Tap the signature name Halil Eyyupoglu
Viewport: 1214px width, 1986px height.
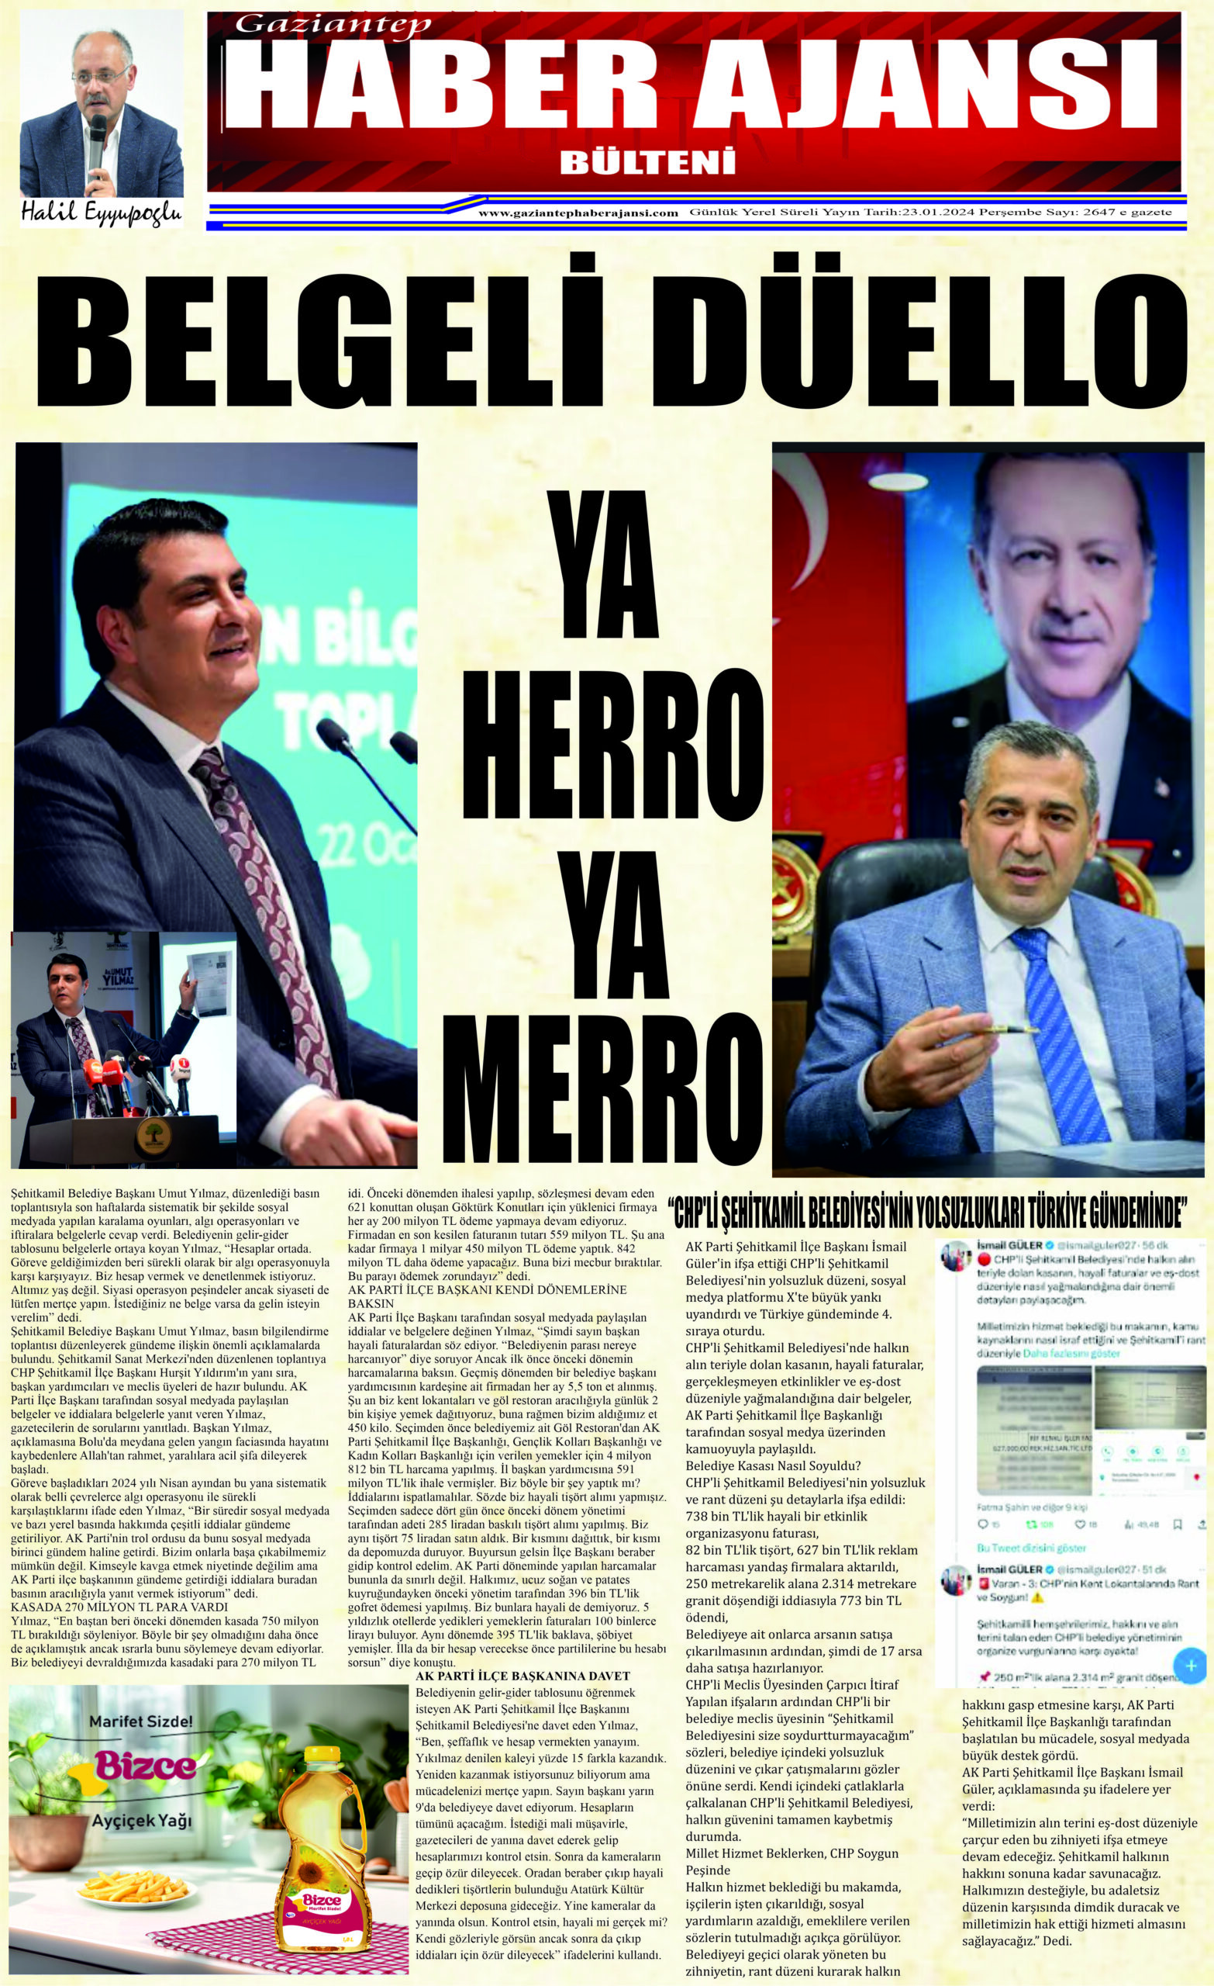coord(102,213)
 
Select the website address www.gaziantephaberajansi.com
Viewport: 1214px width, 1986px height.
coord(578,213)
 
